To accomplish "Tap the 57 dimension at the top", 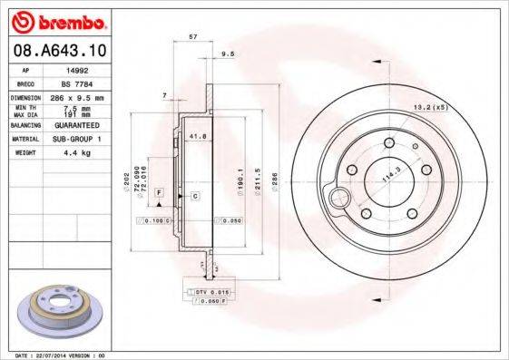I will click(x=192, y=36).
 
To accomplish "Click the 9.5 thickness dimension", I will click(x=229, y=54).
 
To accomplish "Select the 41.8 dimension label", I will click(x=197, y=136).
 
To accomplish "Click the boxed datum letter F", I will click(x=158, y=194).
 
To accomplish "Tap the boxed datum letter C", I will click(x=194, y=195).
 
